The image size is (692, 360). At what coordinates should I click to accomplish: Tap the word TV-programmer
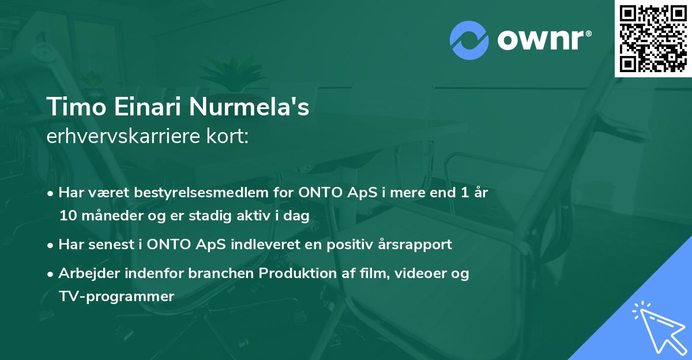[x=116, y=297]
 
